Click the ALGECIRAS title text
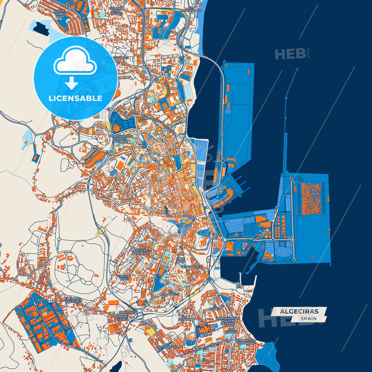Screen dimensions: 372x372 299,312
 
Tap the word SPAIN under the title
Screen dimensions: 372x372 309,318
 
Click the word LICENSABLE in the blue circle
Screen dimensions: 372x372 75,98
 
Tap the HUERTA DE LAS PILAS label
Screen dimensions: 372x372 60,14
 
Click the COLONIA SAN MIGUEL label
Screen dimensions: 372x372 116,11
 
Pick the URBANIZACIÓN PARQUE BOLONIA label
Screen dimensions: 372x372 120,139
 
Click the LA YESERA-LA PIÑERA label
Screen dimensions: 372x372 140,252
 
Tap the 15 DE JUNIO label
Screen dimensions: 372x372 181,260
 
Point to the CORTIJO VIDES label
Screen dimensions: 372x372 124,278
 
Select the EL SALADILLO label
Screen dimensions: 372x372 170,293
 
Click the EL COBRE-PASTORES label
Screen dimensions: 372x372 73,300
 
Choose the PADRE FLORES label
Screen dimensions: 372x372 122,318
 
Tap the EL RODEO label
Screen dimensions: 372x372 215,307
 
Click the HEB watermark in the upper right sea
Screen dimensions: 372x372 290,54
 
